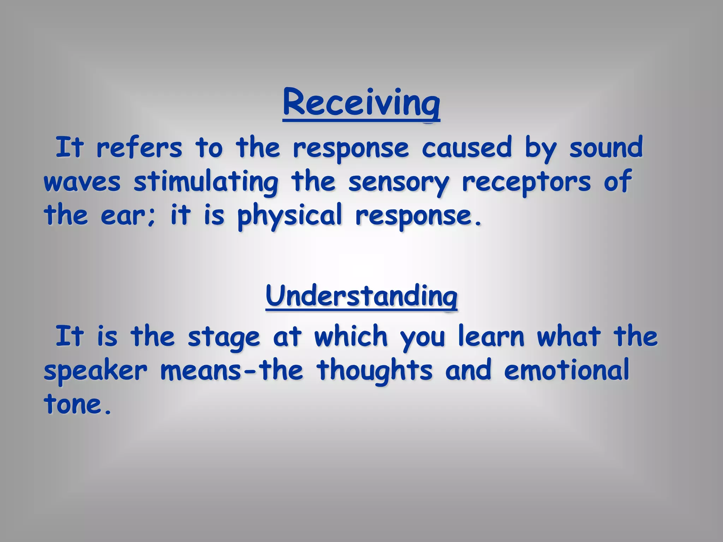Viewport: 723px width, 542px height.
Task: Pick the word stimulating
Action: tap(206, 182)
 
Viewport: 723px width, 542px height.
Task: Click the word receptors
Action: tap(526, 182)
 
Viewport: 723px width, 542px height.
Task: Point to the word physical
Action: tap(289, 216)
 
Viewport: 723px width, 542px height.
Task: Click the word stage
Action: tap(223, 337)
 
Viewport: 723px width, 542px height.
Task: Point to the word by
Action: tap(540, 148)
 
